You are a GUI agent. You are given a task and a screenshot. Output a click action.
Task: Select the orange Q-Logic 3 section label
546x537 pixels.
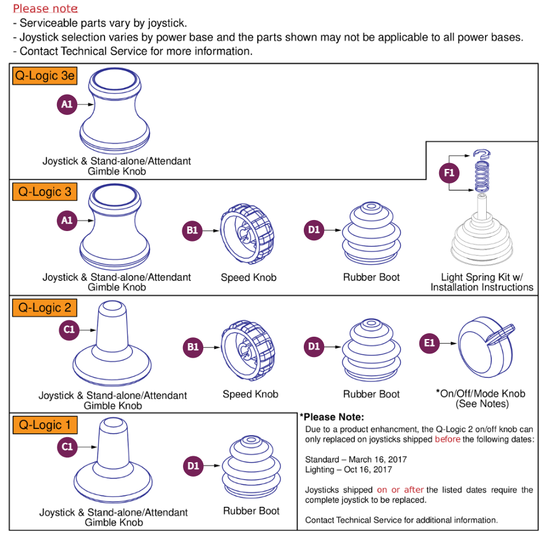pos(44,192)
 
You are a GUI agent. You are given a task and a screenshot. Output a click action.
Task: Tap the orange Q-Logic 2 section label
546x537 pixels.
pos(44,308)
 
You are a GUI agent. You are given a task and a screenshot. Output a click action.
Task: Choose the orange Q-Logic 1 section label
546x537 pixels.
pos(44,425)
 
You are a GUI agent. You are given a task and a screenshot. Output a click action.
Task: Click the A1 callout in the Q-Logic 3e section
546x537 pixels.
pos(67,104)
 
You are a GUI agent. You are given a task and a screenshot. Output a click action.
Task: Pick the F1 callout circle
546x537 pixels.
pos(450,173)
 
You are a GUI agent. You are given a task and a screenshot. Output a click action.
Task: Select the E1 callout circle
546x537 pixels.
pos(429,343)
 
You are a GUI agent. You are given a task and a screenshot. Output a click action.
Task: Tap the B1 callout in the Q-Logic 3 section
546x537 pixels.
pos(192,230)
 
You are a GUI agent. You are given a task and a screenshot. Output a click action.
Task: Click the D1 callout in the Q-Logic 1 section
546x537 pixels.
pos(193,466)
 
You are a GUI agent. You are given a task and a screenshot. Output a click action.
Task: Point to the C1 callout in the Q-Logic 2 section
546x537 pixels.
pos(69,330)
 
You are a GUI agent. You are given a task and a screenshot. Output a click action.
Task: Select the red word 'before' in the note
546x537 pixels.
pos(447,439)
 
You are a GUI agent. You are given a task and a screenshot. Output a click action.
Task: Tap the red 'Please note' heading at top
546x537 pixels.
pos(45,9)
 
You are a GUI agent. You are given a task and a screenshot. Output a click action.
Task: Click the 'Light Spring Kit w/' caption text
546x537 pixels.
pos(482,277)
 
